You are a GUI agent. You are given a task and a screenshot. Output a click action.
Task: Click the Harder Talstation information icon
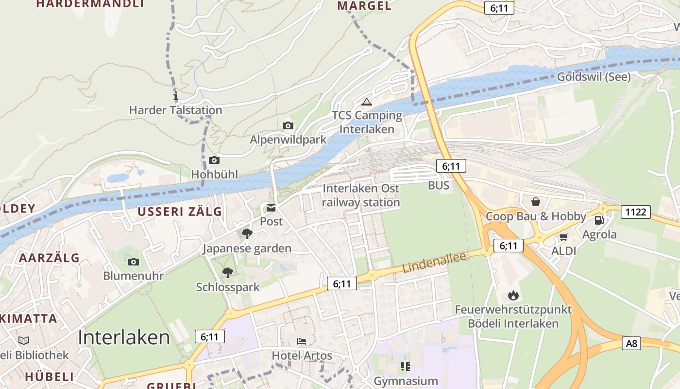176,96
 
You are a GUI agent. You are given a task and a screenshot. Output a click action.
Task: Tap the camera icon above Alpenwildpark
288,126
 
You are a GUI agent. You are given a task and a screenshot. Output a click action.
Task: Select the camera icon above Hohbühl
214,160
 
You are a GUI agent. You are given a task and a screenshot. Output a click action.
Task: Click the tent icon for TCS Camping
366,102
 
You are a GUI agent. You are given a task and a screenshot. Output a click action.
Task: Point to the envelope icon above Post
271,208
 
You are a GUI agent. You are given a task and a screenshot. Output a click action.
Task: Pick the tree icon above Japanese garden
247,234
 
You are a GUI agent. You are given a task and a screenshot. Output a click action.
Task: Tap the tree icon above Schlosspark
227,273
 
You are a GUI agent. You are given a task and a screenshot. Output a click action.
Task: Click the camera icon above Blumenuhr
133,262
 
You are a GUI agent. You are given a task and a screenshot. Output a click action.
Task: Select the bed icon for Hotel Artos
302,341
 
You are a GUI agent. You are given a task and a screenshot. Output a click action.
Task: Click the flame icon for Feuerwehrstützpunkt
513,295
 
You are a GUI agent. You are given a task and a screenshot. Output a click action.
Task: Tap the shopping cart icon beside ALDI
563,237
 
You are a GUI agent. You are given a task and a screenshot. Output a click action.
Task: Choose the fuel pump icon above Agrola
599,220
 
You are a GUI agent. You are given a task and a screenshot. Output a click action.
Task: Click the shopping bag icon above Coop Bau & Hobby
535,201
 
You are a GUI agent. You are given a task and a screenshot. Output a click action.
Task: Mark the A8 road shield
631,343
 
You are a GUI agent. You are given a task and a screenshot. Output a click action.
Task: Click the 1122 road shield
635,212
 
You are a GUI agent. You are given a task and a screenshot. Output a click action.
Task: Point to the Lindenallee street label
434,263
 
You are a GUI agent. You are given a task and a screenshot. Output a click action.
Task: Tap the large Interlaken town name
124,337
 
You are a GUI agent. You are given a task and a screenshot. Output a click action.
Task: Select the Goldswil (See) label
594,77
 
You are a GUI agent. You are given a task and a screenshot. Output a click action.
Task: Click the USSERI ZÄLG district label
179,212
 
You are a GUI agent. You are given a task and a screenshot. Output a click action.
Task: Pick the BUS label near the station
439,185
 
